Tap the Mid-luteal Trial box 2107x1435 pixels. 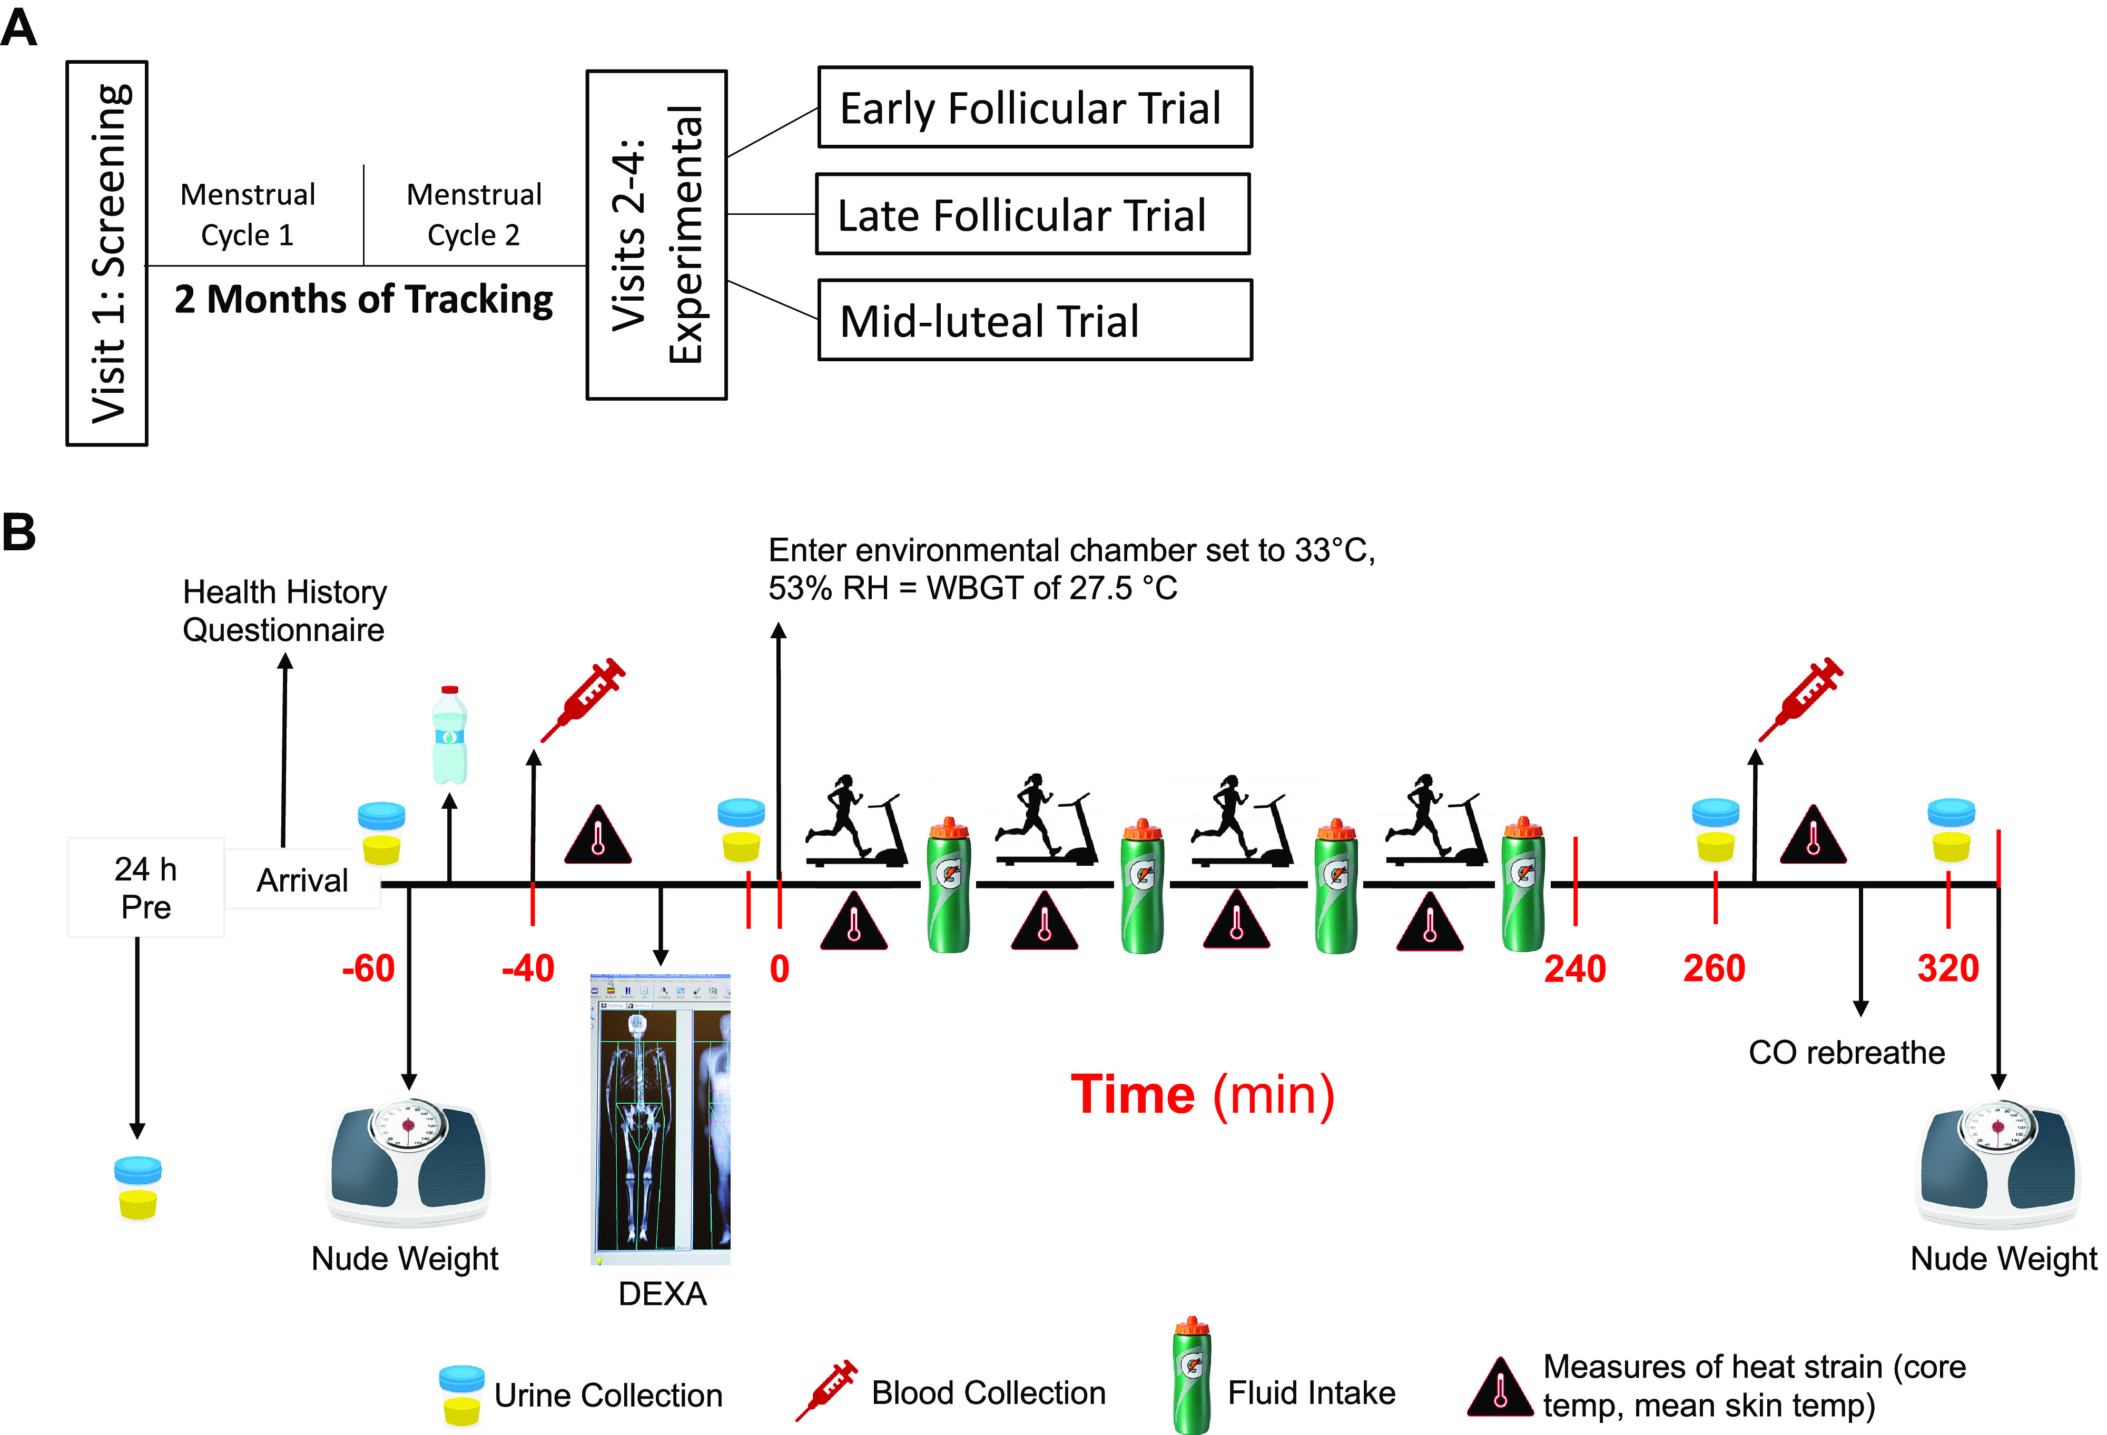point(1035,320)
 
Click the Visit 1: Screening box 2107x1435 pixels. point(107,253)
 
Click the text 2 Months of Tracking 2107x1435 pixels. point(363,299)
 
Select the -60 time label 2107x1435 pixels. point(368,968)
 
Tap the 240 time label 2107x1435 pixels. point(1575,968)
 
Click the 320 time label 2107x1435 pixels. point(1947,968)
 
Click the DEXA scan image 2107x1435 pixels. point(660,1120)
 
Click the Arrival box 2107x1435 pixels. point(302,879)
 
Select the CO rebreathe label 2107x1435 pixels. point(1846,1053)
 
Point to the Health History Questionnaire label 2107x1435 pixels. point(284,610)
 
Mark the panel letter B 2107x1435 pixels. point(19,532)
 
